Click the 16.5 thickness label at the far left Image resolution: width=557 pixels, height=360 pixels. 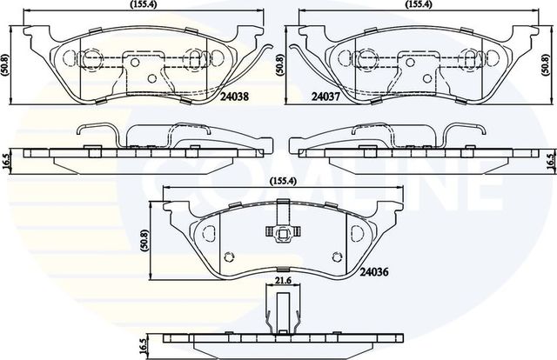(5, 160)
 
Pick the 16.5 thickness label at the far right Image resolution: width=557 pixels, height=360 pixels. (549, 160)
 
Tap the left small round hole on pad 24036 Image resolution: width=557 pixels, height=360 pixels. (230, 257)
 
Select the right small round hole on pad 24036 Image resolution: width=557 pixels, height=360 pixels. (333, 257)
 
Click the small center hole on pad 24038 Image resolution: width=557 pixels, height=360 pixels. (153, 83)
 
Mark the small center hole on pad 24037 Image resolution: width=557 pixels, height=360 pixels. (399, 83)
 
